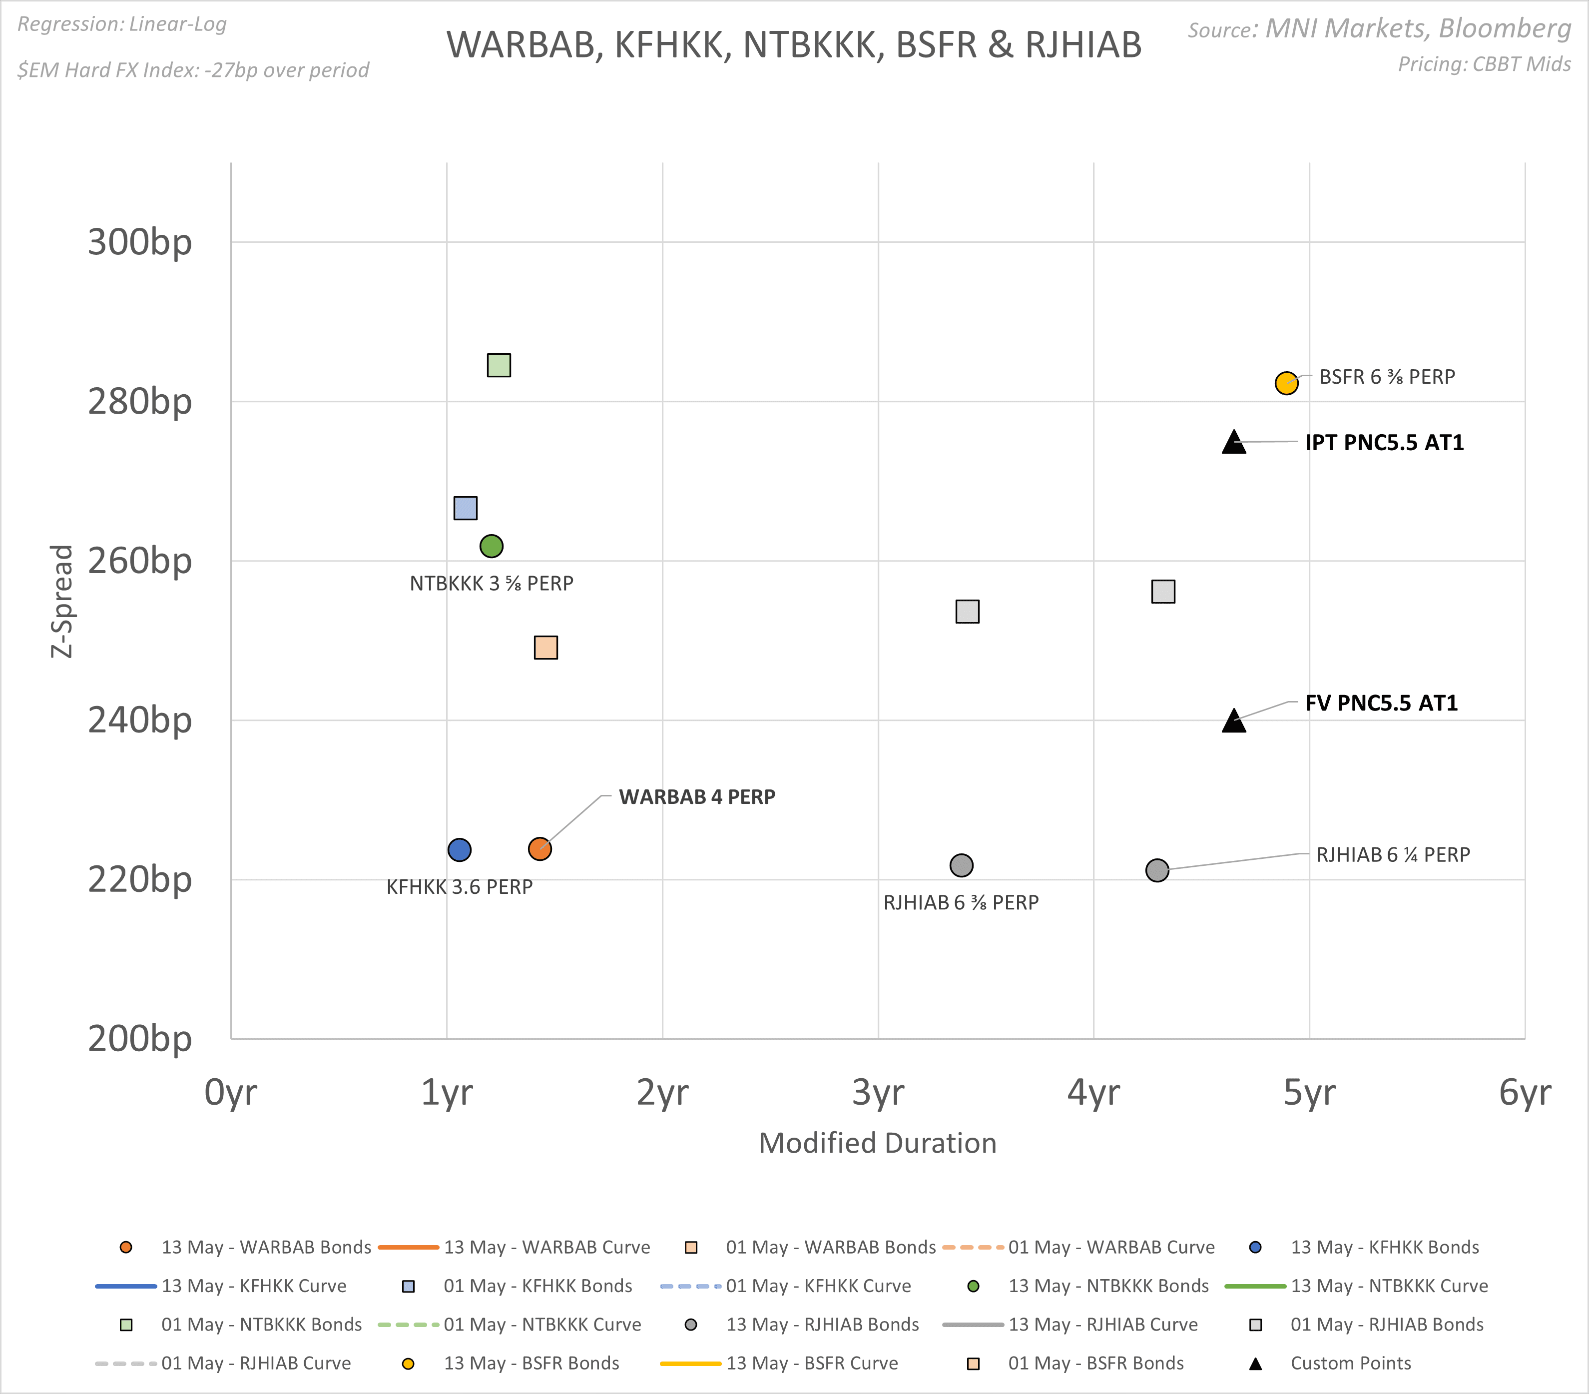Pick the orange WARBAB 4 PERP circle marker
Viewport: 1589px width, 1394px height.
pyautogui.click(x=539, y=849)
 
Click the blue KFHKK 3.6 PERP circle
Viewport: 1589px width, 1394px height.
pyautogui.click(x=460, y=850)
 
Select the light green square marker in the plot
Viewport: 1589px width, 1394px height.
pyautogui.click(x=499, y=365)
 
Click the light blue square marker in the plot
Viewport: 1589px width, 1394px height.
pyautogui.click(x=465, y=509)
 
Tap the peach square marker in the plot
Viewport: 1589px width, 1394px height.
pyautogui.click(x=545, y=648)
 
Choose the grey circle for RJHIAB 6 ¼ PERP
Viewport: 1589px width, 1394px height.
pyautogui.click(x=1157, y=870)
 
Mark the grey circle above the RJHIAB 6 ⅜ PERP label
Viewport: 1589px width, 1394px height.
pyautogui.click(x=962, y=865)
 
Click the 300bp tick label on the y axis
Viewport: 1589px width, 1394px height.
pyautogui.click(x=140, y=242)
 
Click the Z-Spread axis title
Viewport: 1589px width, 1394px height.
pyautogui.click(x=62, y=601)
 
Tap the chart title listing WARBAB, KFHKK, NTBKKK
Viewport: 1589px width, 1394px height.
pyautogui.click(x=794, y=45)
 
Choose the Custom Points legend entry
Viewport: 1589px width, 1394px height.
pyautogui.click(x=1350, y=1363)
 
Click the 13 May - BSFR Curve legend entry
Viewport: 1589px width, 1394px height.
pyautogui.click(x=812, y=1363)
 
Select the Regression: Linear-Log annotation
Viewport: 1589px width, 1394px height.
pyautogui.click(x=122, y=24)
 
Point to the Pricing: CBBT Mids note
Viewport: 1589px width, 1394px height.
pyautogui.click(x=1484, y=64)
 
